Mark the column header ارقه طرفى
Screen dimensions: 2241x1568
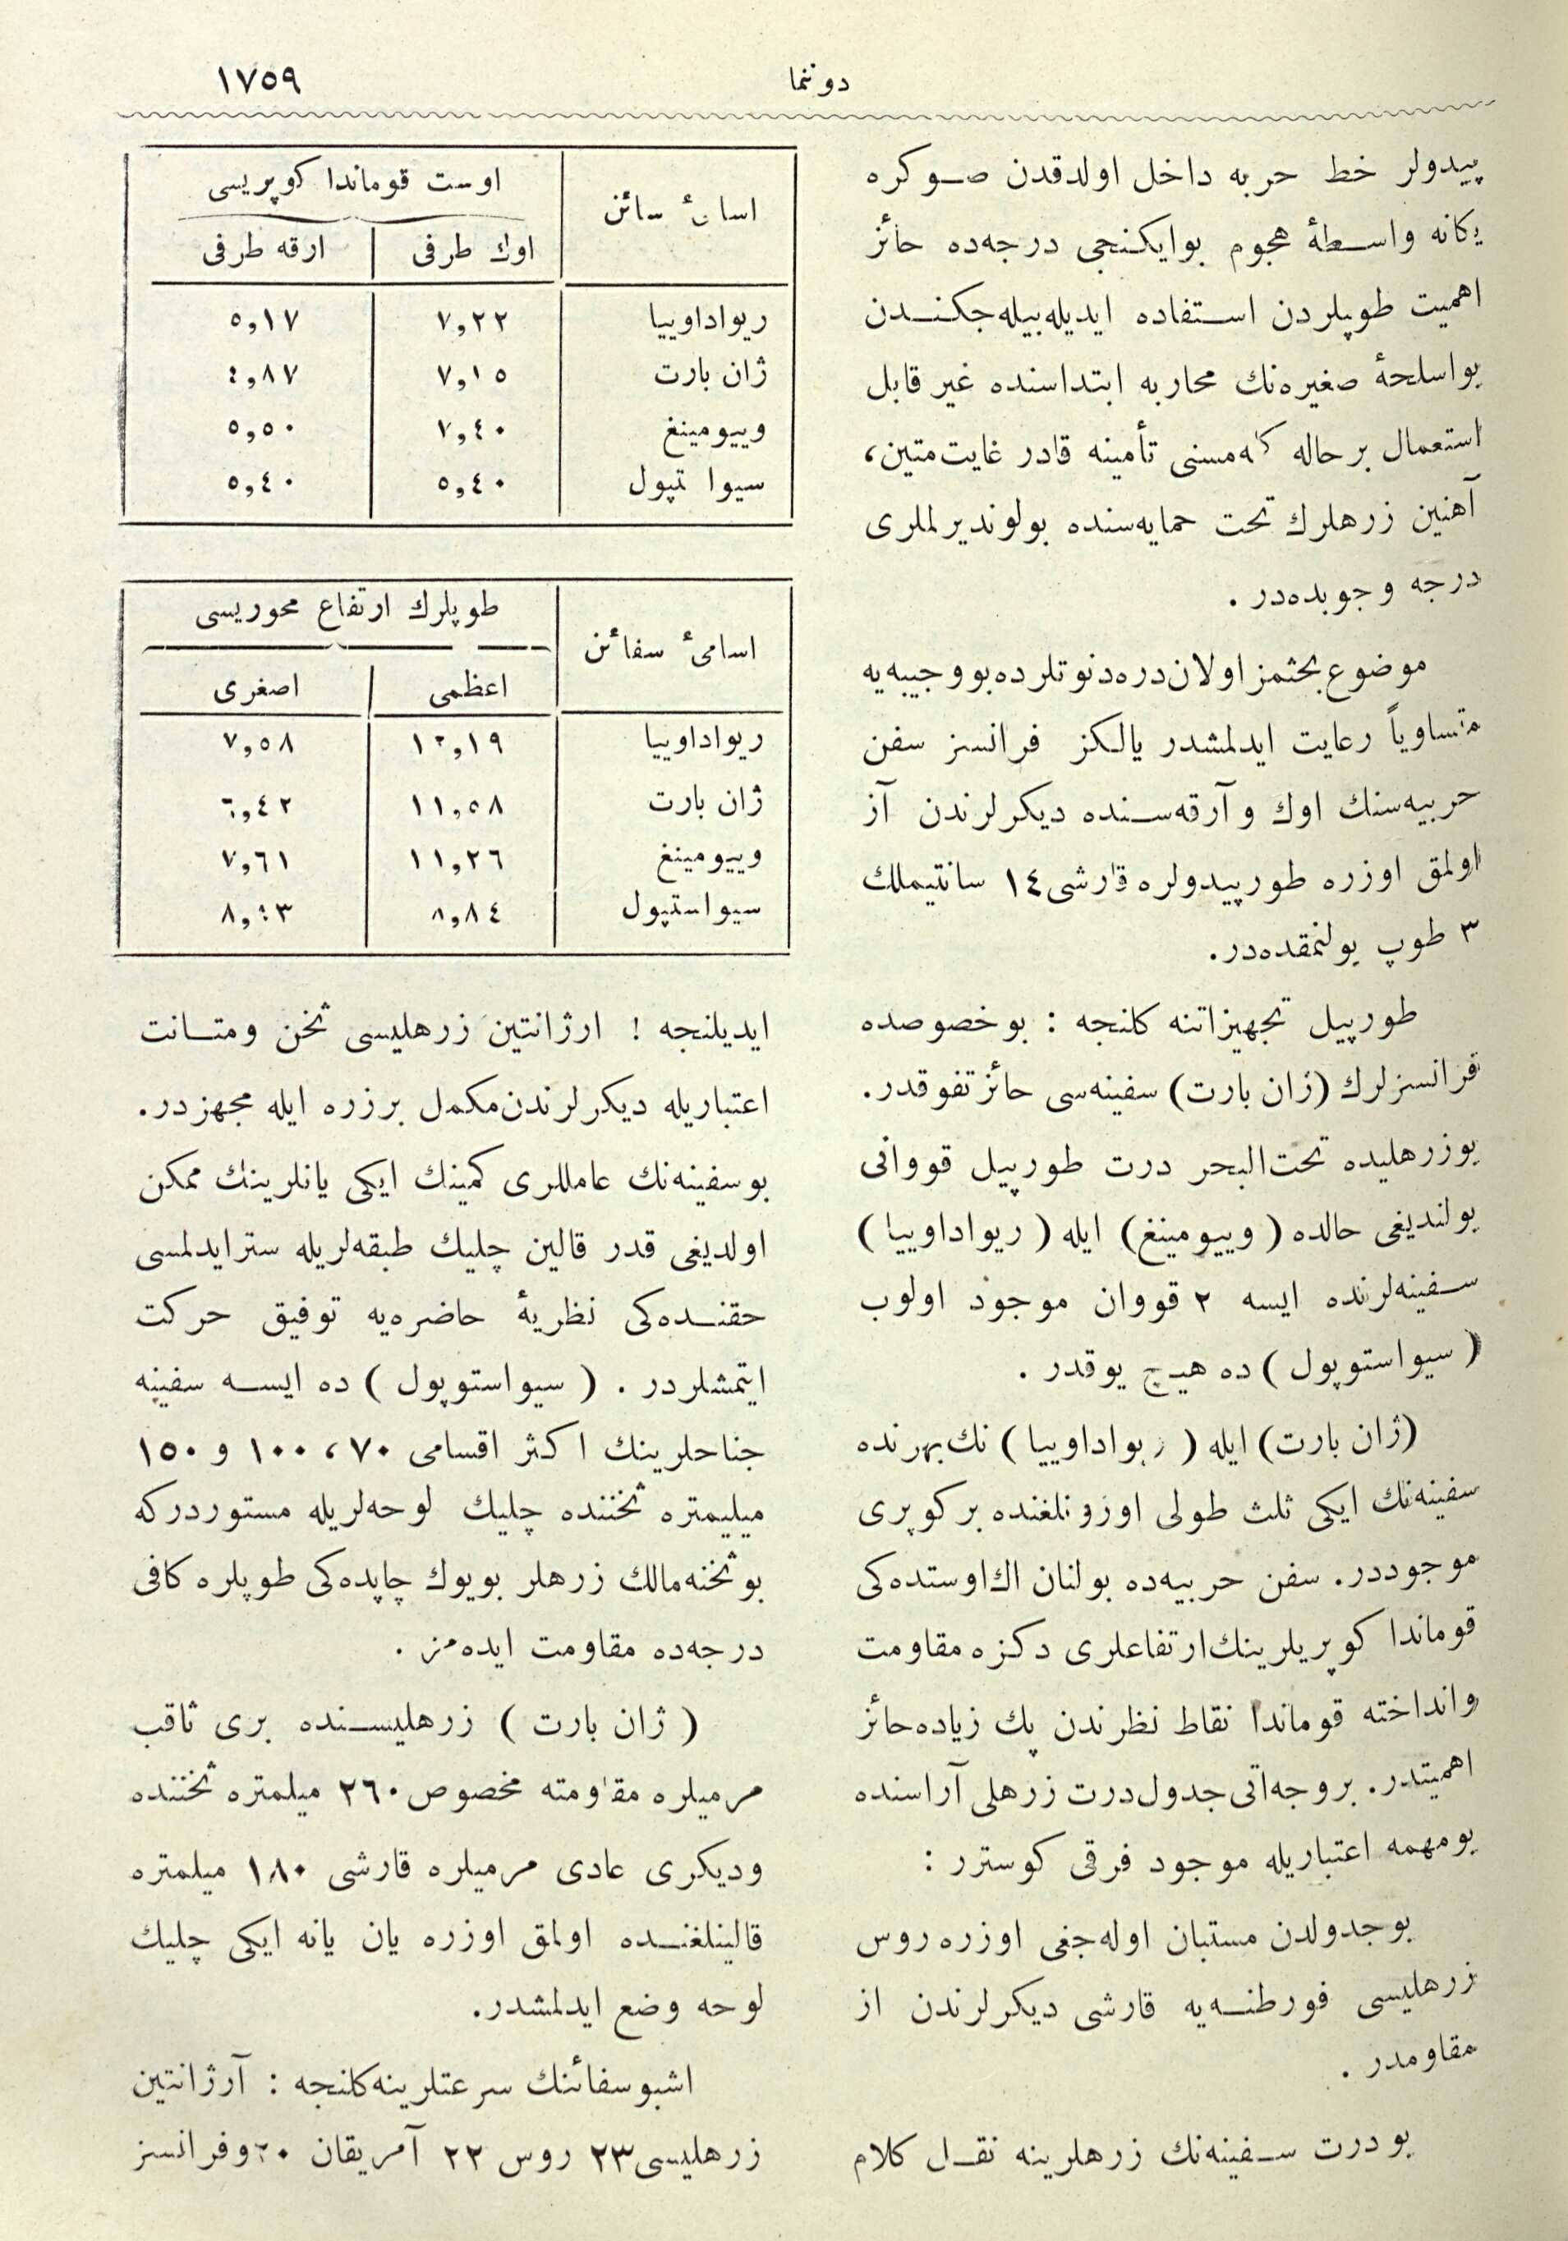tap(262, 255)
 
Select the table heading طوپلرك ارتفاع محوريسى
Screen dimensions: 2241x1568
tap(347, 609)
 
